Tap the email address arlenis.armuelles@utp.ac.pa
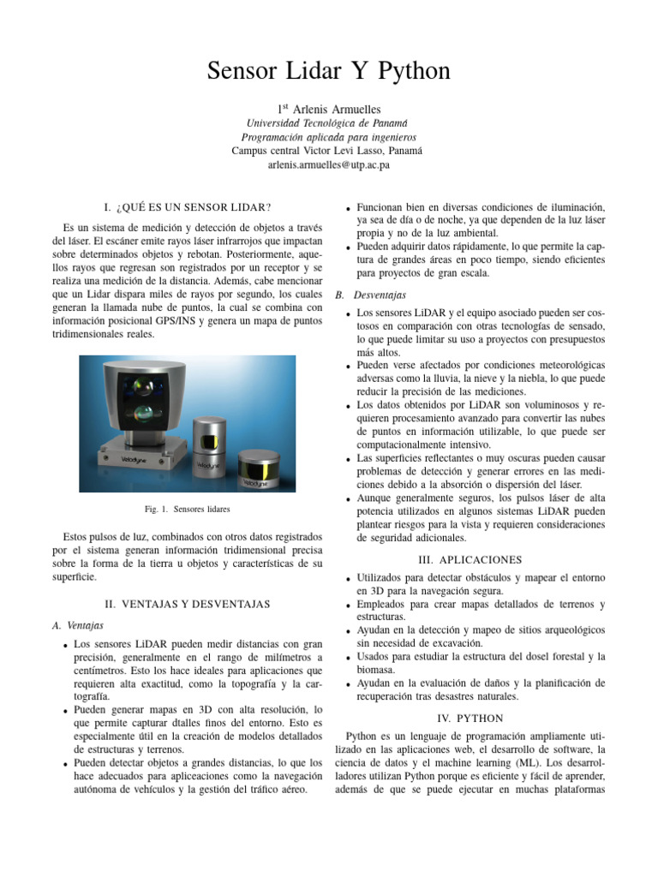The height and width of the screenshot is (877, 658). coord(328,164)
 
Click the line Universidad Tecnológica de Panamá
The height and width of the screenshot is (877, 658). coord(328,123)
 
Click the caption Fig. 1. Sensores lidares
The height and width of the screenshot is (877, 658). coord(188,510)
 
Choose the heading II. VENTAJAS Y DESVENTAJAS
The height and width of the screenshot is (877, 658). coord(187,604)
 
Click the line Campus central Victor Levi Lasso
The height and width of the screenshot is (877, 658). coord(328,150)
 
